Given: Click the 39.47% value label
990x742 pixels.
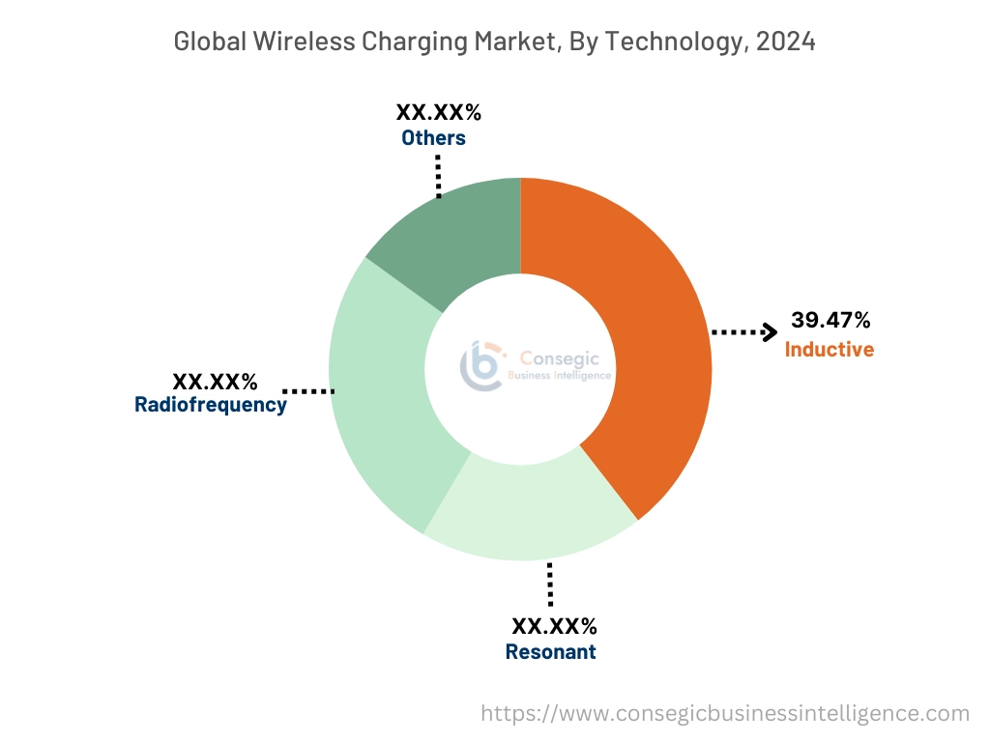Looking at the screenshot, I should tap(830, 320).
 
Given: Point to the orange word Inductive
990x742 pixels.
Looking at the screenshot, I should tap(829, 350).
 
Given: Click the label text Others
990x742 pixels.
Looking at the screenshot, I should tap(433, 138).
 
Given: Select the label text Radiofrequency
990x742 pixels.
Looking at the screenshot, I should tap(210, 405).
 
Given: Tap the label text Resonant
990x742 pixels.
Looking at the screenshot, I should tap(550, 652).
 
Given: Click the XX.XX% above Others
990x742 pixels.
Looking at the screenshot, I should tap(438, 112).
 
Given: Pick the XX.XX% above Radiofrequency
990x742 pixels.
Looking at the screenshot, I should tap(215, 380).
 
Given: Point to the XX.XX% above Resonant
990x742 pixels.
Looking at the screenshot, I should tap(554, 626).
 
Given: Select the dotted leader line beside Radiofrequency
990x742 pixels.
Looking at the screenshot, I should tap(309, 391).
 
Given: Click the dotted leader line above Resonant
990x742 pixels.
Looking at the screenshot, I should tap(550, 585).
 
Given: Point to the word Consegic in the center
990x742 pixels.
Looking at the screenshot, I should tap(560, 358).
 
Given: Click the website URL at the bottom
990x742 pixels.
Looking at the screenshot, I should tap(725, 713).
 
